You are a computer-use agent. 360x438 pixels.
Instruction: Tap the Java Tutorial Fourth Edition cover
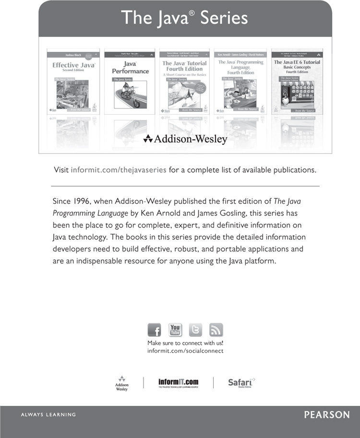(184, 82)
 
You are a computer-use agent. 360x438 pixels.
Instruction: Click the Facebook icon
(154, 330)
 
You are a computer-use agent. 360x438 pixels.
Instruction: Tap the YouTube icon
(175, 330)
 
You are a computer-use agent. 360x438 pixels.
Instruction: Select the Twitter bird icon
(195, 330)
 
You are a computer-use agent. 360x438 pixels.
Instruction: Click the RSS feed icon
(216, 330)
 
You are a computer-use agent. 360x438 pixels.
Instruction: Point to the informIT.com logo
(178, 383)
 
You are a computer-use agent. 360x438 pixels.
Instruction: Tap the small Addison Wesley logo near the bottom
(122, 383)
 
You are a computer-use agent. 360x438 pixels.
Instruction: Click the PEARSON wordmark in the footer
(327, 415)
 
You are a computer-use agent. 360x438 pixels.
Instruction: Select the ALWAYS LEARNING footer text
(48, 414)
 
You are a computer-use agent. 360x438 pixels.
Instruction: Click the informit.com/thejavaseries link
(119, 170)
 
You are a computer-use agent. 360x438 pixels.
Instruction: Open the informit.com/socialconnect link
(185, 351)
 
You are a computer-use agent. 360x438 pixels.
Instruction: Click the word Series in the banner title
(224, 18)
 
